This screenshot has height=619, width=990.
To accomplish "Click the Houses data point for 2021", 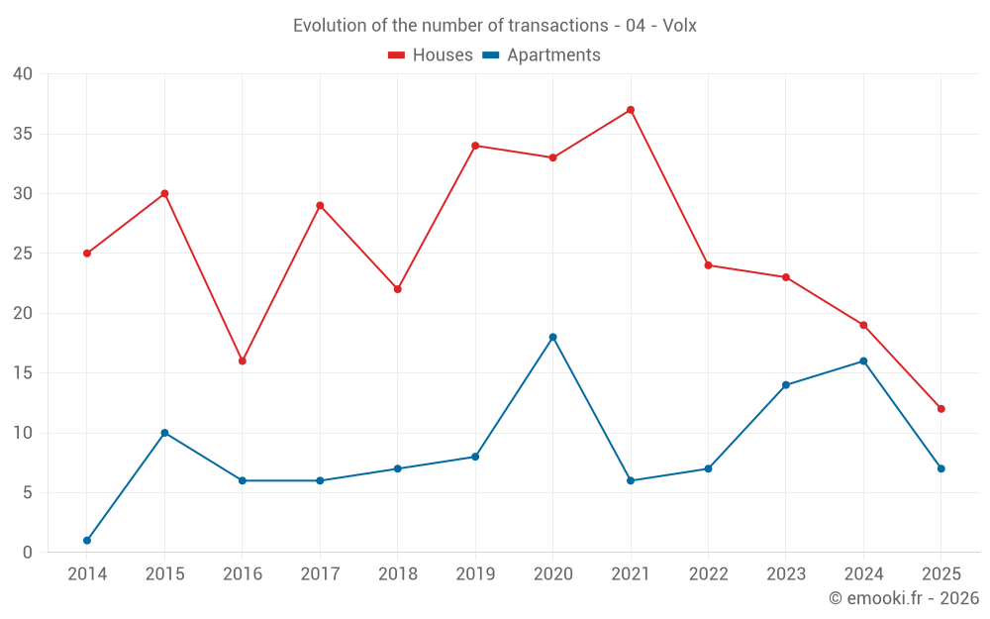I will point(631,110).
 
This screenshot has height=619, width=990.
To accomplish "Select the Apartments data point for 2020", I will point(552,338).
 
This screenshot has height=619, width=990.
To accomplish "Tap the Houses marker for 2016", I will point(243,361).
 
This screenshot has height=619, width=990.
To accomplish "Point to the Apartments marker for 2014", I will point(87,541).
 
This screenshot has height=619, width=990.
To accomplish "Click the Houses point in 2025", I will point(941,409).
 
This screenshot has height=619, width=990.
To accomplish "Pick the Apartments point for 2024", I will point(863,361).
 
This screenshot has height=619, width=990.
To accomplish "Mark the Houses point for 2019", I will point(475,146).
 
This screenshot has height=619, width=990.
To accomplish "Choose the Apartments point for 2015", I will point(164,433).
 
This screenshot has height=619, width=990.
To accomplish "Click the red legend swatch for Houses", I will point(397,55).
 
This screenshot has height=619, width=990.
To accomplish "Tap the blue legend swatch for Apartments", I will point(490,55).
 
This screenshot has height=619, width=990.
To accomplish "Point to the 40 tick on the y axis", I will point(23,74).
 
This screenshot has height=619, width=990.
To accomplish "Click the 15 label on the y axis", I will point(23,373).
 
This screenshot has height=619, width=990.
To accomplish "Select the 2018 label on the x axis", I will point(397,574).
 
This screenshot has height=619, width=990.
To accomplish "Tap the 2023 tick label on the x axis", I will point(786,574).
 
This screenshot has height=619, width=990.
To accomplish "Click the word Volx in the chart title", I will point(678,26).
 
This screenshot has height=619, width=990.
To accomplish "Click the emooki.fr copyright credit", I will point(904,598).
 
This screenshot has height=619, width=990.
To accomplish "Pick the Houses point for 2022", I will point(708,265).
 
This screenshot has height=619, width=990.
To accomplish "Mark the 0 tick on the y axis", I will point(28,553).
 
